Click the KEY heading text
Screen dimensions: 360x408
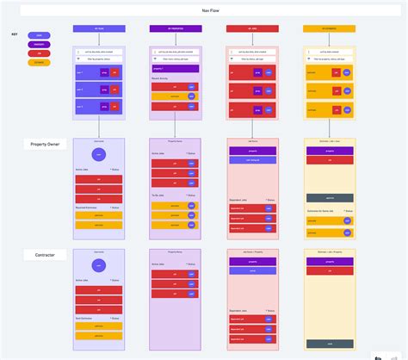15,35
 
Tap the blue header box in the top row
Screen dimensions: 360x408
99,28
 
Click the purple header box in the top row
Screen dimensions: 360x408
176,28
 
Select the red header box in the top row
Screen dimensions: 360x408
252,28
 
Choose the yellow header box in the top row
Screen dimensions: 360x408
330,28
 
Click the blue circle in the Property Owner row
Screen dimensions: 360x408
99,155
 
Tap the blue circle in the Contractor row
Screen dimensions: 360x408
99,267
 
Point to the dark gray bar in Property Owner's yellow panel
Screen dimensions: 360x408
330,198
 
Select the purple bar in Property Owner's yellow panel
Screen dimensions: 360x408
330,151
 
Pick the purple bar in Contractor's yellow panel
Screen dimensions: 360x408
330,261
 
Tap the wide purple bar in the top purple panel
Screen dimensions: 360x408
176,68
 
